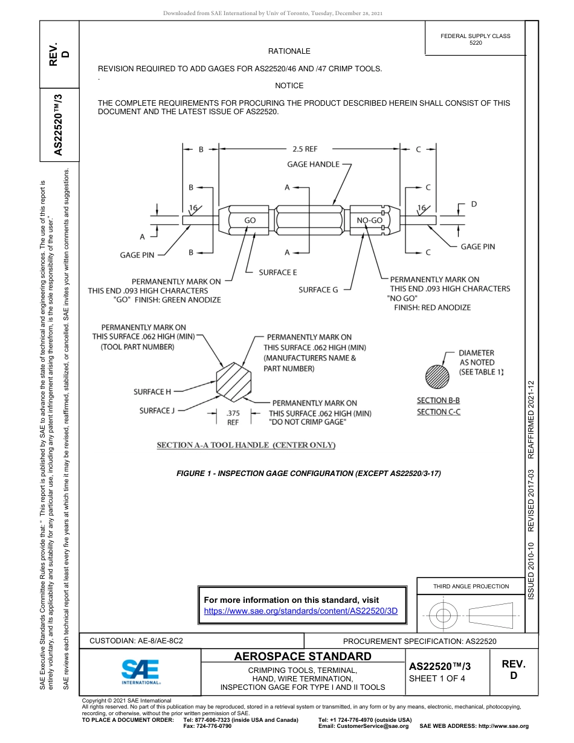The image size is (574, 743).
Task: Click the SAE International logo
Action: point(141,671)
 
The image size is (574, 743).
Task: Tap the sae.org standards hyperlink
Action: point(301,611)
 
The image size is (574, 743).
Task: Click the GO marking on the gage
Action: point(250,220)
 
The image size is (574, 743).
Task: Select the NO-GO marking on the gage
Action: point(369,220)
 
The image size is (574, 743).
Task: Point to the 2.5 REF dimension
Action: point(305,149)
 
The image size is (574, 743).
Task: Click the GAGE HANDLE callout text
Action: point(313,164)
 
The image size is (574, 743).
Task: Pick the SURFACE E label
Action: point(278,272)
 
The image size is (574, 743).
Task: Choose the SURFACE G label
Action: point(318,290)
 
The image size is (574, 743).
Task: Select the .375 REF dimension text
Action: point(233,418)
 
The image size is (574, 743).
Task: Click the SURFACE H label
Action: point(152,392)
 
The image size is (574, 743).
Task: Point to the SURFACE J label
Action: point(156,411)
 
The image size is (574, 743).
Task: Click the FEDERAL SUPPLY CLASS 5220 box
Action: point(475,39)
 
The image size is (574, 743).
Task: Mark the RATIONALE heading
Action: point(289,51)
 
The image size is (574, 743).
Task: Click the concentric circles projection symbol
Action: point(443,616)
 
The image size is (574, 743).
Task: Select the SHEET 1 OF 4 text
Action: point(438,678)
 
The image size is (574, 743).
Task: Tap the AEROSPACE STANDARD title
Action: point(303,657)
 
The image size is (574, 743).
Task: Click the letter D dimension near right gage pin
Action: point(473,204)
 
